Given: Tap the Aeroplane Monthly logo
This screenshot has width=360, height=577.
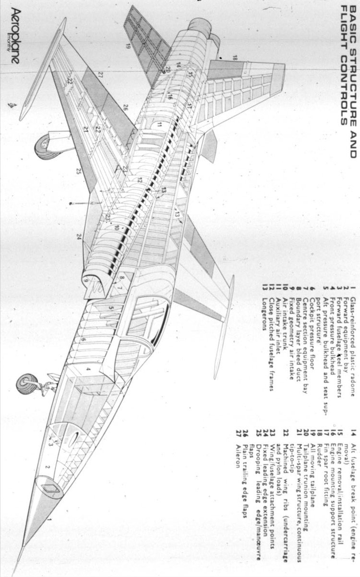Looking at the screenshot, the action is click(15, 36).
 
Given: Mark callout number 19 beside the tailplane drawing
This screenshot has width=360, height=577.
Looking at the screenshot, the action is click(128, 47).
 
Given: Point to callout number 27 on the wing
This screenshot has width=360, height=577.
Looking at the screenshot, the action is click(100, 75).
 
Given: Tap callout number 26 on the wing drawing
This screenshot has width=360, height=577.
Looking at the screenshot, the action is click(125, 108).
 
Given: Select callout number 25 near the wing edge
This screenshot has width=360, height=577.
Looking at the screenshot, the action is click(79, 171).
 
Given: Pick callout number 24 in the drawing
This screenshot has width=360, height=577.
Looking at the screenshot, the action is click(79, 237).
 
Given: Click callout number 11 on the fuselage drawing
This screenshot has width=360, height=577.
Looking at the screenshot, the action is click(159, 125).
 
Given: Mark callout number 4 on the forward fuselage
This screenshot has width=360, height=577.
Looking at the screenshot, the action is click(88, 369).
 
